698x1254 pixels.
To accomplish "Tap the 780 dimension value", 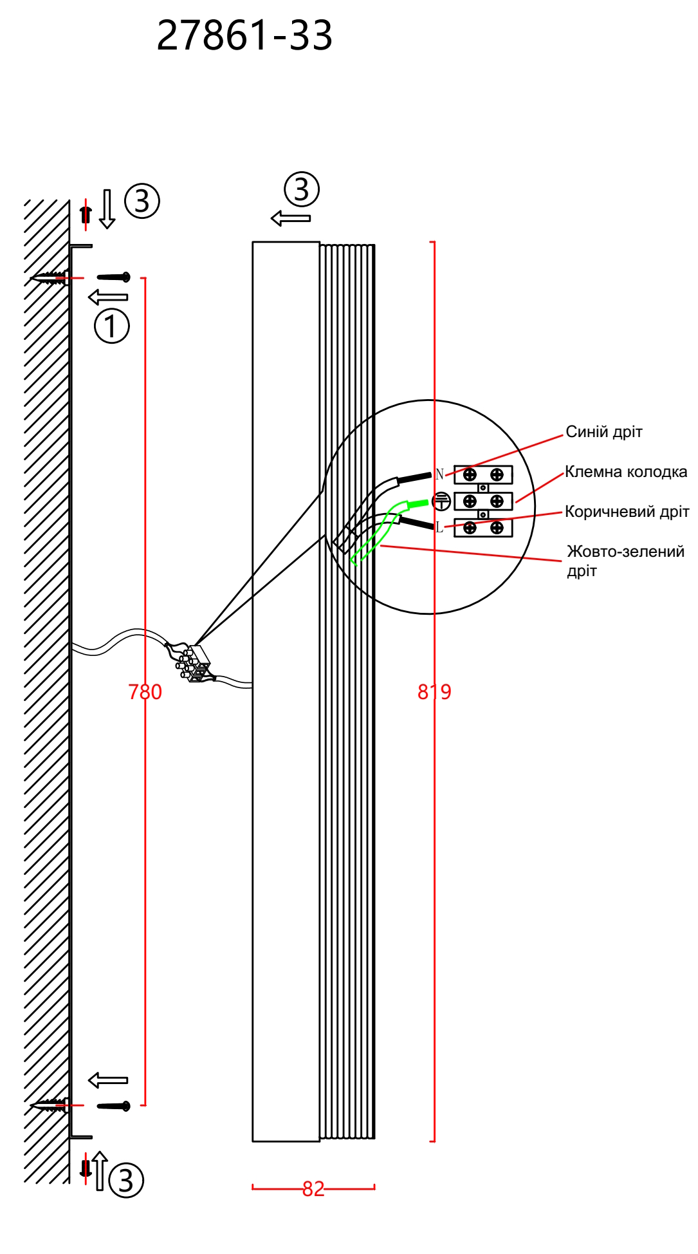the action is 145,692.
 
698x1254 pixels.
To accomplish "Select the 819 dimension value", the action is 434,692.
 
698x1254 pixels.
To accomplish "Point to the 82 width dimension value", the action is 313,1188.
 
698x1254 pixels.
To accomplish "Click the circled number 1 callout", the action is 112,326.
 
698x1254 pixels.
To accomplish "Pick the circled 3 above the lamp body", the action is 302,189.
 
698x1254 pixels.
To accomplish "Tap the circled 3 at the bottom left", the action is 126,1181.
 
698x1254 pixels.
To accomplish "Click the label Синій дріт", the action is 604,432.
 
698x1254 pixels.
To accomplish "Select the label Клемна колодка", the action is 626,472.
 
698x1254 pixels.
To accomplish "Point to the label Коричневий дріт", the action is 627,512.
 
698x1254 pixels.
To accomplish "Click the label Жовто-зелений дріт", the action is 625,561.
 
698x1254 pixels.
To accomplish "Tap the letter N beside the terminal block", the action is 439,474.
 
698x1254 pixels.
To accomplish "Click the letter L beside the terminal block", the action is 439,527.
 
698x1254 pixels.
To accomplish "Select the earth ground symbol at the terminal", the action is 441,501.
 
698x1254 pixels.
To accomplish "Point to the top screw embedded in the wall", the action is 49,278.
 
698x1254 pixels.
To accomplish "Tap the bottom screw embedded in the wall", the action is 49,1105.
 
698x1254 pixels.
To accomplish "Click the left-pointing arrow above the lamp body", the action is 291,218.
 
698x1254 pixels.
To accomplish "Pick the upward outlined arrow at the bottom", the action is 99,1170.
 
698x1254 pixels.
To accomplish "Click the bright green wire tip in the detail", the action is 418,502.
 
